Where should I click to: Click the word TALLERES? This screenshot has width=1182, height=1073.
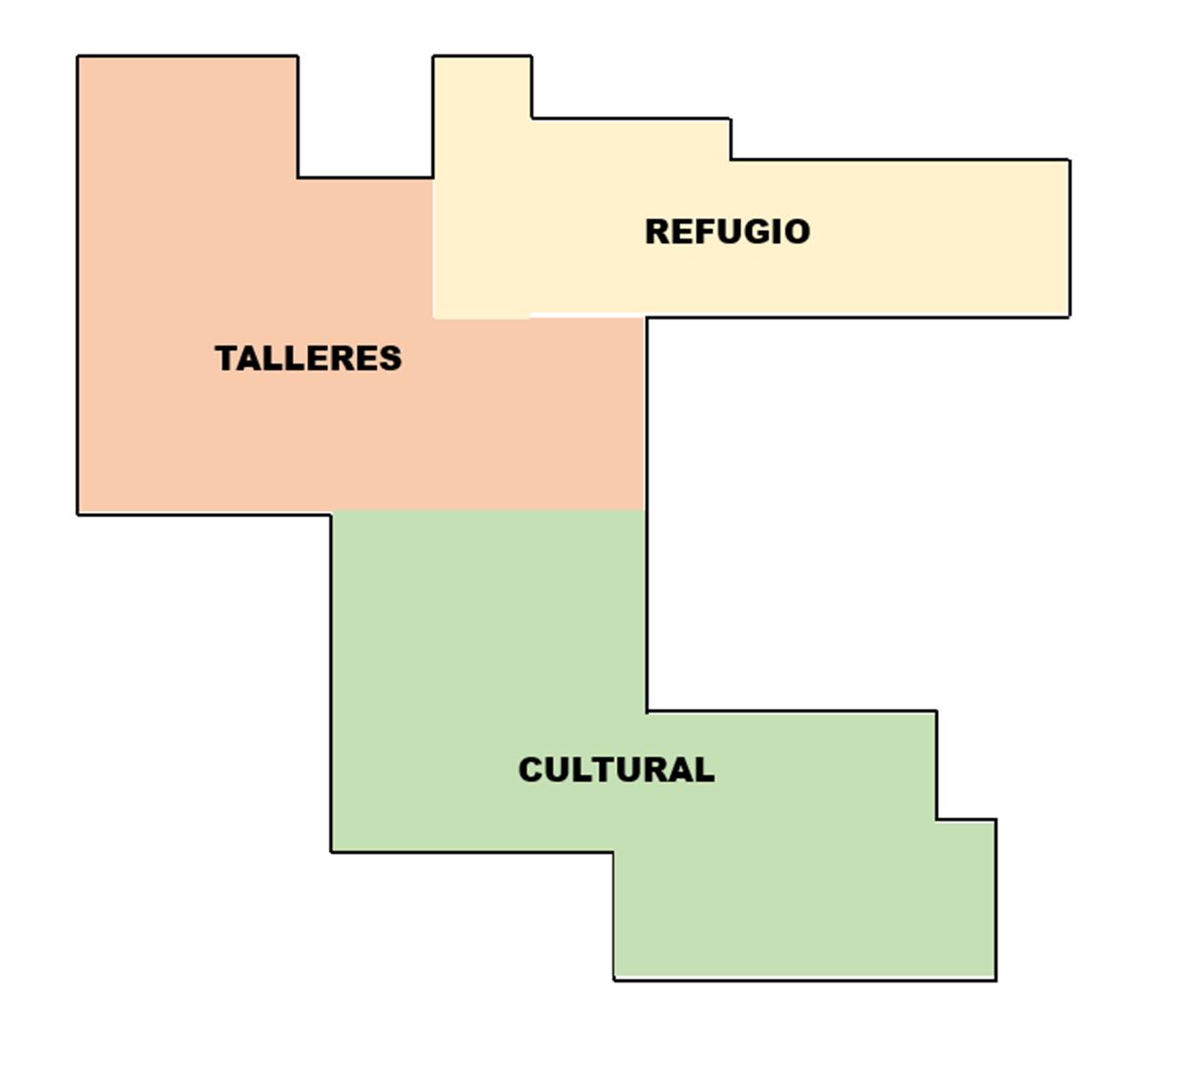(x=308, y=359)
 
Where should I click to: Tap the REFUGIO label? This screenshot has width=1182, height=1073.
(x=727, y=232)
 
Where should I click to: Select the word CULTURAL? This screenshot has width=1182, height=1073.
(x=616, y=770)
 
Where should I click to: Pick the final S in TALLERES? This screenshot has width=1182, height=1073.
(x=391, y=359)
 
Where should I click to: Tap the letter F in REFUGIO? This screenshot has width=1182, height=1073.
(x=691, y=232)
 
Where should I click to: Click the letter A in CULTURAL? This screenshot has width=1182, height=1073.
(x=678, y=770)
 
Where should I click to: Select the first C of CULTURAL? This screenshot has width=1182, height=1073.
(x=530, y=770)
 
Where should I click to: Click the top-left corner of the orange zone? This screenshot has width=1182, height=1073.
(x=78, y=57)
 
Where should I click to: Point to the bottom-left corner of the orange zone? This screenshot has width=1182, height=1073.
(x=78, y=514)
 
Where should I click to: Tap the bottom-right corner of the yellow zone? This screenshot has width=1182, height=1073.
(x=1069, y=316)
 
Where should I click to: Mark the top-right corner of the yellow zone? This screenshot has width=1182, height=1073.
(x=1069, y=160)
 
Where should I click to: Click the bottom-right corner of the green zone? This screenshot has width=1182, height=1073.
(x=996, y=979)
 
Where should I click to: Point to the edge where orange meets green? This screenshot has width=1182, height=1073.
(x=488, y=511)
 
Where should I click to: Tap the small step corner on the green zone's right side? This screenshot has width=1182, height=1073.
(x=937, y=818)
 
